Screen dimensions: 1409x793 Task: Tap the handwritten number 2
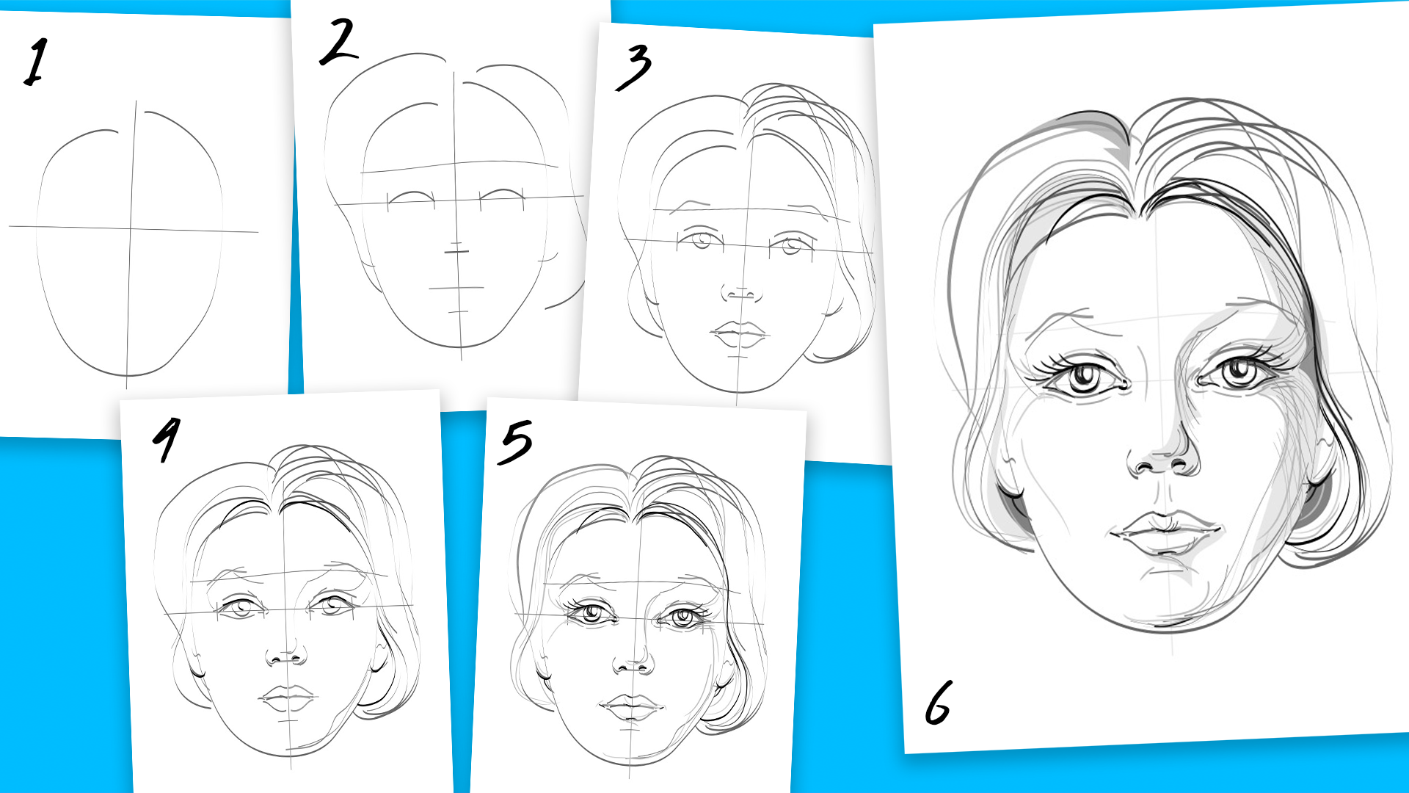coord(338,42)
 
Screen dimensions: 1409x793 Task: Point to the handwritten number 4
coord(167,439)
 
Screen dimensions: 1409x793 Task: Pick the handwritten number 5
coord(515,442)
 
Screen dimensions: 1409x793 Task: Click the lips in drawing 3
coord(739,334)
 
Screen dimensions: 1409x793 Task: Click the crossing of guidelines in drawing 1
coord(131,228)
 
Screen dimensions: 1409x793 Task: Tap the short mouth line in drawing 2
coord(456,288)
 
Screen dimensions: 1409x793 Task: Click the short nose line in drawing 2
coord(456,252)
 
